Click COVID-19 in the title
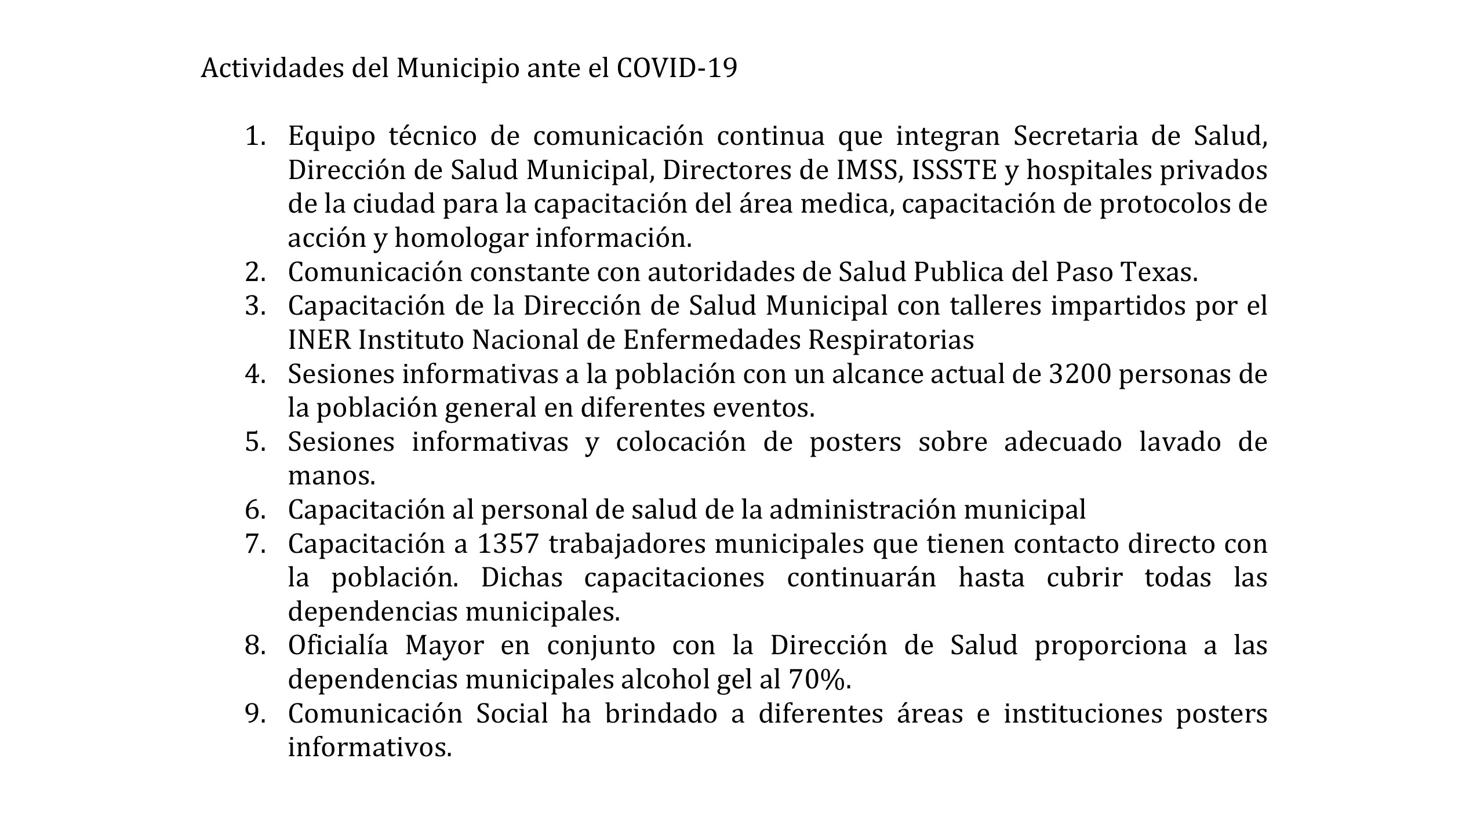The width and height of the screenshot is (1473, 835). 677,68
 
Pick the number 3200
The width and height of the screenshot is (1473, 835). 1079,374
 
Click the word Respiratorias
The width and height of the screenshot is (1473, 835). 891,340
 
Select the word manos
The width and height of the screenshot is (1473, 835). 332,476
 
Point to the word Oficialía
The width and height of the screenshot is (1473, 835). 338,646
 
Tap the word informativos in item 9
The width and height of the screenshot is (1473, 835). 369,748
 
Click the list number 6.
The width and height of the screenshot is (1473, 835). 255,511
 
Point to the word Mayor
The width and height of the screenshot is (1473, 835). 444,646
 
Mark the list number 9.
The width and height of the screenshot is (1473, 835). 255,714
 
